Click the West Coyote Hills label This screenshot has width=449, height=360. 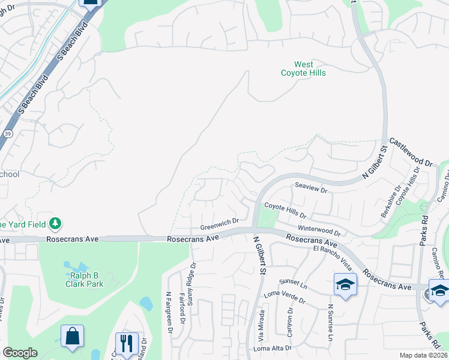pos(303,68)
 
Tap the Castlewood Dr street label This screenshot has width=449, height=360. pos(411,152)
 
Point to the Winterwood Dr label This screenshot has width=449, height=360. pos(319,231)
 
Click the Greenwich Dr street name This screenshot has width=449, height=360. pos(219,224)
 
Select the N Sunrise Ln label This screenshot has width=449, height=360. pos(330,323)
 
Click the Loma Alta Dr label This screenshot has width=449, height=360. pos(273,348)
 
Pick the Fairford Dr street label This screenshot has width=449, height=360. pos(182,305)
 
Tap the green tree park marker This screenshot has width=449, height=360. pos(55,223)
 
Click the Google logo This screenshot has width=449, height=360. pos(20,353)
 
